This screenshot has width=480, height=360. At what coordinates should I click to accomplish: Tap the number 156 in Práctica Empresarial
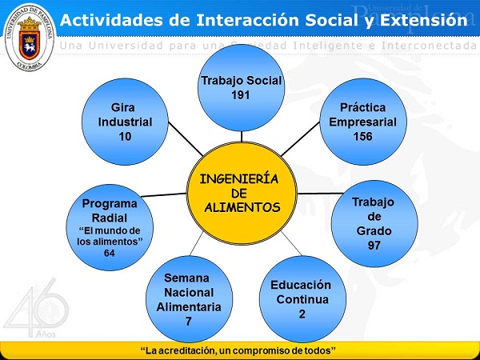[362, 136]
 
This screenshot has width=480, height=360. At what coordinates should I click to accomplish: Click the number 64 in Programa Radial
[110, 253]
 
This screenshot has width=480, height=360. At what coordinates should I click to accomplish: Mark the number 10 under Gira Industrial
[125, 137]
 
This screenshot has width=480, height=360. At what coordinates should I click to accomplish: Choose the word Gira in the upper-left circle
[126, 107]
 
